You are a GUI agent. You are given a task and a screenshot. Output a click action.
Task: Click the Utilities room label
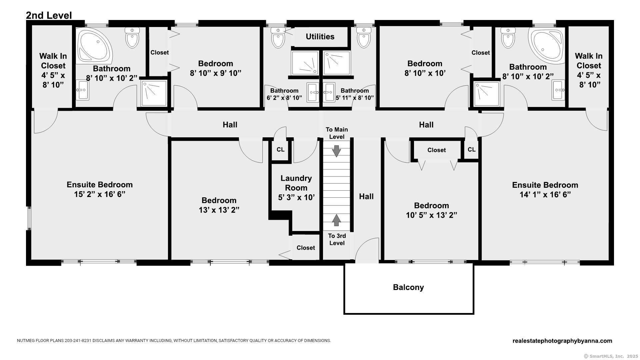point(320,37)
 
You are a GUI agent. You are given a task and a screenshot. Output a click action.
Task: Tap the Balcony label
point(408,287)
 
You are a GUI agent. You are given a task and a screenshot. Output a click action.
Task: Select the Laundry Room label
point(296,183)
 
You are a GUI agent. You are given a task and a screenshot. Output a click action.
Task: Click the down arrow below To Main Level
point(337,151)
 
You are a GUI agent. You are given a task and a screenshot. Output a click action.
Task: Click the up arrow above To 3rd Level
point(337,220)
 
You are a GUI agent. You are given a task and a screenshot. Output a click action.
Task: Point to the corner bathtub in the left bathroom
point(95,46)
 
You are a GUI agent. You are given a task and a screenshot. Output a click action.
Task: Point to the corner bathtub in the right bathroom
point(547,46)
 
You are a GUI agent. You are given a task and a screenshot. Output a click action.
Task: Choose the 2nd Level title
point(49,15)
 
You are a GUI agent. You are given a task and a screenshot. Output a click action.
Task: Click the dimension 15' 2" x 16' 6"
point(99,194)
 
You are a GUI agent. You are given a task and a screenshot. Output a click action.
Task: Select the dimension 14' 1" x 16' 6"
point(545,195)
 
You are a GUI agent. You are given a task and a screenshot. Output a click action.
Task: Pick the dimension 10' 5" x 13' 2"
point(431,215)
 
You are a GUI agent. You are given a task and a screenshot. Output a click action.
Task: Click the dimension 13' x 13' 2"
point(219,210)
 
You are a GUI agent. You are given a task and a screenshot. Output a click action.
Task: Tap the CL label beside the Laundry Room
point(281,150)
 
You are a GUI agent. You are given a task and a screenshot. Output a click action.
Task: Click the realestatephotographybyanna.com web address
point(562,341)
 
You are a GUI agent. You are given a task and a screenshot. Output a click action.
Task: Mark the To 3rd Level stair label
point(337,239)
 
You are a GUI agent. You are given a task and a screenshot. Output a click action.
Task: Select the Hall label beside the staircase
point(366,197)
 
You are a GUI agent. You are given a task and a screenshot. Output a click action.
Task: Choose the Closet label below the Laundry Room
point(306,248)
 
